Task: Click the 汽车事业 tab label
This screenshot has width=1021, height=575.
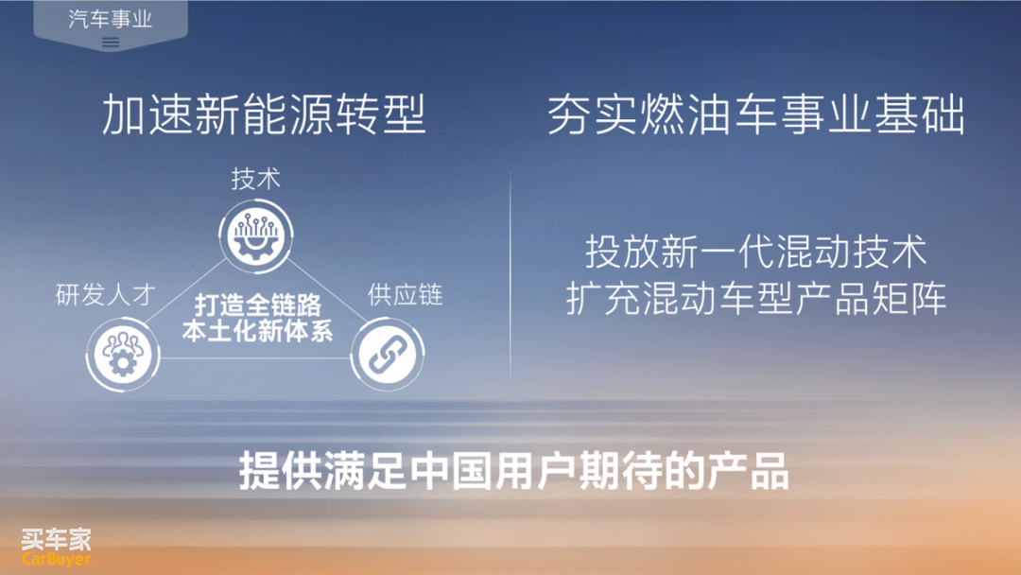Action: pos(110,19)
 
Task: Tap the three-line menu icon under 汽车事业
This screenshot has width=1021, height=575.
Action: pos(111,43)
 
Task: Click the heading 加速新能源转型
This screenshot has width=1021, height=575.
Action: pos(264,113)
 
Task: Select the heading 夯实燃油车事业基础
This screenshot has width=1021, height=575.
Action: pos(755,114)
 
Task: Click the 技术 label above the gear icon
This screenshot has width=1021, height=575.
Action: pos(256,179)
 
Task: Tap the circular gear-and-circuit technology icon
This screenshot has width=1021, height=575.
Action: pos(256,235)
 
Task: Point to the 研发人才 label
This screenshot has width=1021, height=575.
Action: pos(106,294)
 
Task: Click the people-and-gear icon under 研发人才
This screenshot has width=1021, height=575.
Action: pos(123,355)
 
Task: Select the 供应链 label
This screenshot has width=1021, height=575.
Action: pos(405,295)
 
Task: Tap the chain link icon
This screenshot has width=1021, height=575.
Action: pos(388,355)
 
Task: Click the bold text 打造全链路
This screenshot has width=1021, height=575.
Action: pos(258,305)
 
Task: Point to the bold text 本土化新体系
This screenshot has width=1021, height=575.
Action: pos(258,331)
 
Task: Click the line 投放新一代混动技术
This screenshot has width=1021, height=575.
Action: pos(755,252)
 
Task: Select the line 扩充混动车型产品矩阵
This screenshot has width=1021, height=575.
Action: pos(755,298)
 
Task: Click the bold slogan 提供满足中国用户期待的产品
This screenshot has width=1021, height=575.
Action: pos(514,470)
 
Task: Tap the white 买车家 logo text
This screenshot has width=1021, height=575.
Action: pos(56,539)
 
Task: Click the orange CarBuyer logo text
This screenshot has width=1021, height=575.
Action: pos(56,559)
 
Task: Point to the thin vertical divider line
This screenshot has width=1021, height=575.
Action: pos(510,278)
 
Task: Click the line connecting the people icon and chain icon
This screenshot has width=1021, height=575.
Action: pos(255,357)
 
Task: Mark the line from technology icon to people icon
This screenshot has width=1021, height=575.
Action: pos(185,291)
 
